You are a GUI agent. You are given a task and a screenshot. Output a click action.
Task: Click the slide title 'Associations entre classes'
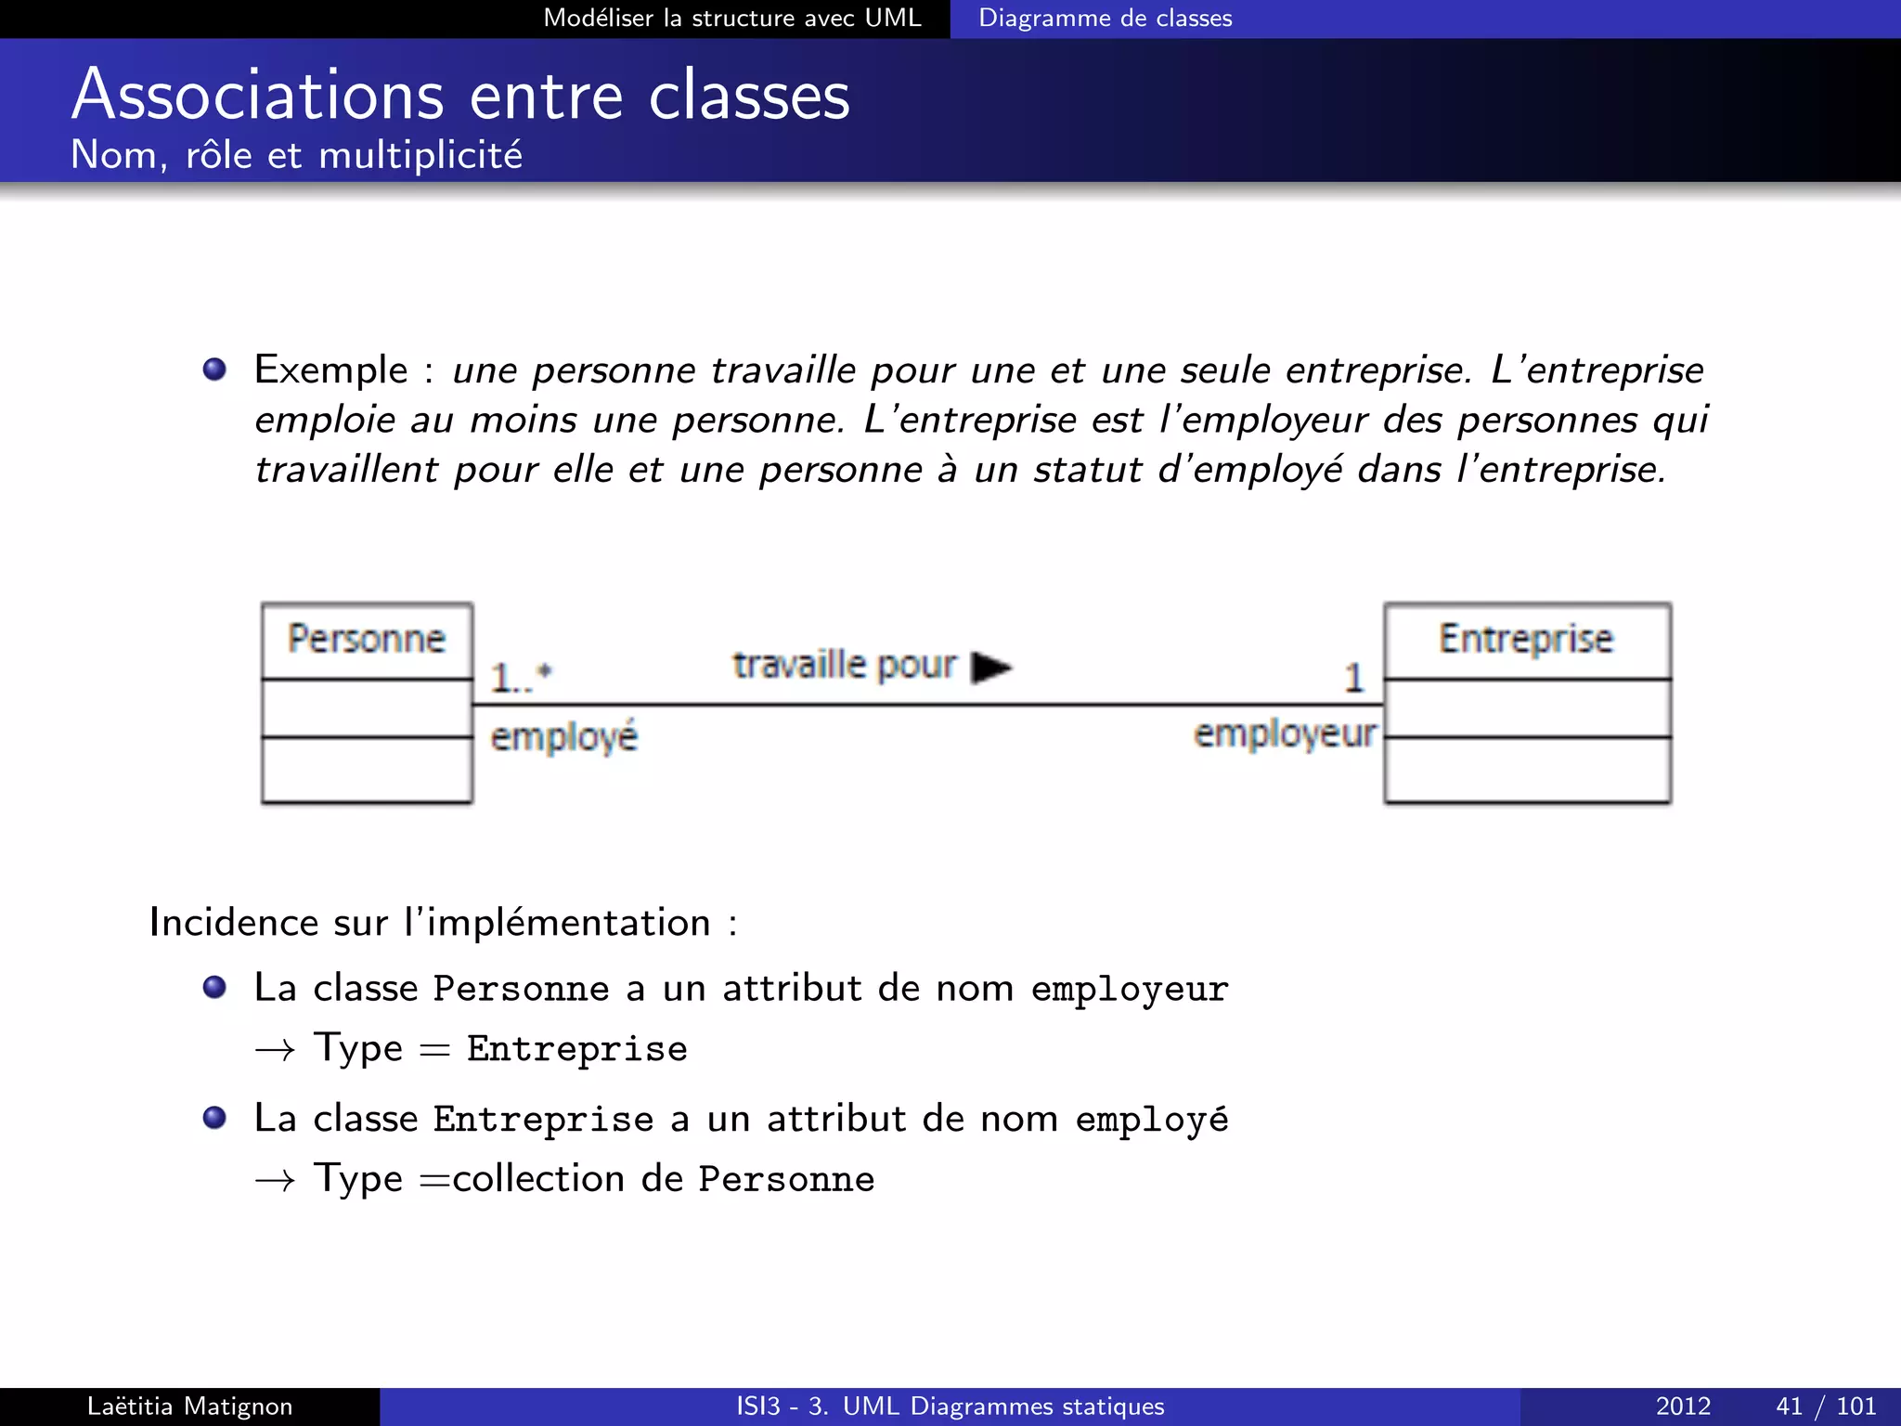click(460, 96)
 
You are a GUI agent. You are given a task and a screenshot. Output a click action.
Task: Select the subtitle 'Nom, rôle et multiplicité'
click(296, 155)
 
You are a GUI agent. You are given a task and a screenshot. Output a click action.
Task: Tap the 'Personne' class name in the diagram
click(367, 639)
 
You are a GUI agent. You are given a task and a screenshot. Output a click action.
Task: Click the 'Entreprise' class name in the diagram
click(1526, 639)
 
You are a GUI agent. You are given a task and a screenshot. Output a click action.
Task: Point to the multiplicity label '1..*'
click(521, 677)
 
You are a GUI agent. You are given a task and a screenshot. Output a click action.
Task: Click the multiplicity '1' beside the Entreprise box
click(1353, 678)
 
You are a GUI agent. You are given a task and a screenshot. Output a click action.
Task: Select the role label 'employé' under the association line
click(563, 737)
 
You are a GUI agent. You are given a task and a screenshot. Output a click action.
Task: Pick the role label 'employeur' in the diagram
click(1285, 733)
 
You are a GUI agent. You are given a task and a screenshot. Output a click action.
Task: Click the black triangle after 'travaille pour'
click(990, 667)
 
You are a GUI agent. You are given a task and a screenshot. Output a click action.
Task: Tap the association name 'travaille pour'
click(844, 665)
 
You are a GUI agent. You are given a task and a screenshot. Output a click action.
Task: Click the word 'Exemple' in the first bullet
click(331, 369)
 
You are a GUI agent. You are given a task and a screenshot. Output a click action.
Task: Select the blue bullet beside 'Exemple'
click(214, 369)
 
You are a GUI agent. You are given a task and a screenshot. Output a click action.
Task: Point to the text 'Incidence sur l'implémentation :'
click(443, 923)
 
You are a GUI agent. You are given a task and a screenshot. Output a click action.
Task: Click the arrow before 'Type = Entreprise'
click(275, 1050)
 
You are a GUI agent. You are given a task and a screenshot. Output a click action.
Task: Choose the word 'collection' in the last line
click(538, 1179)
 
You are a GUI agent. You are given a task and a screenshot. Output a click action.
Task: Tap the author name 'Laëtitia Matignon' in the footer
click(189, 1407)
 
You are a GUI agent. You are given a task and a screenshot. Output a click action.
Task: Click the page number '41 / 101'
click(1825, 1407)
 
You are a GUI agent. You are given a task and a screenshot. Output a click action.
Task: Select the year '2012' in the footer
click(1683, 1407)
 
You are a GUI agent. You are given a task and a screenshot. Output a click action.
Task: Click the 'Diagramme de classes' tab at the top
click(1105, 19)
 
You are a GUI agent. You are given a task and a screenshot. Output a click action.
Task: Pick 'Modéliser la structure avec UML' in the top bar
click(731, 19)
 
